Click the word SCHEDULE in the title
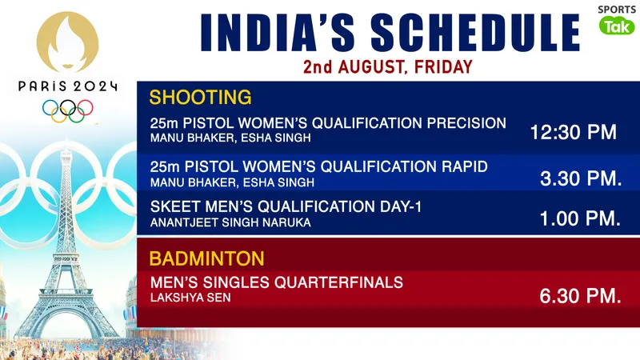(x=474, y=33)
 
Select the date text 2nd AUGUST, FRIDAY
(x=388, y=67)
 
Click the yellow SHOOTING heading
(x=201, y=97)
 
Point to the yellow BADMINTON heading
(x=206, y=258)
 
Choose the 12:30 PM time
(x=574, y=132)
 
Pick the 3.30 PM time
(x=581, y=178)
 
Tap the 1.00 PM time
(x=581, y=218)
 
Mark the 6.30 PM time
(x=581, y=296)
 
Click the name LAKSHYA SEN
(x=190, y=298)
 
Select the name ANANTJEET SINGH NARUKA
(x=230, y=222)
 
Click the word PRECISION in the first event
(x=466, y=123)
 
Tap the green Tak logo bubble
(x=617, y=26)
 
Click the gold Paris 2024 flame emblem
(x=67, y=42)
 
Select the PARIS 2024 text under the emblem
(x=68, y=86)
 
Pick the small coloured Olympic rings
(x=68, y=110)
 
